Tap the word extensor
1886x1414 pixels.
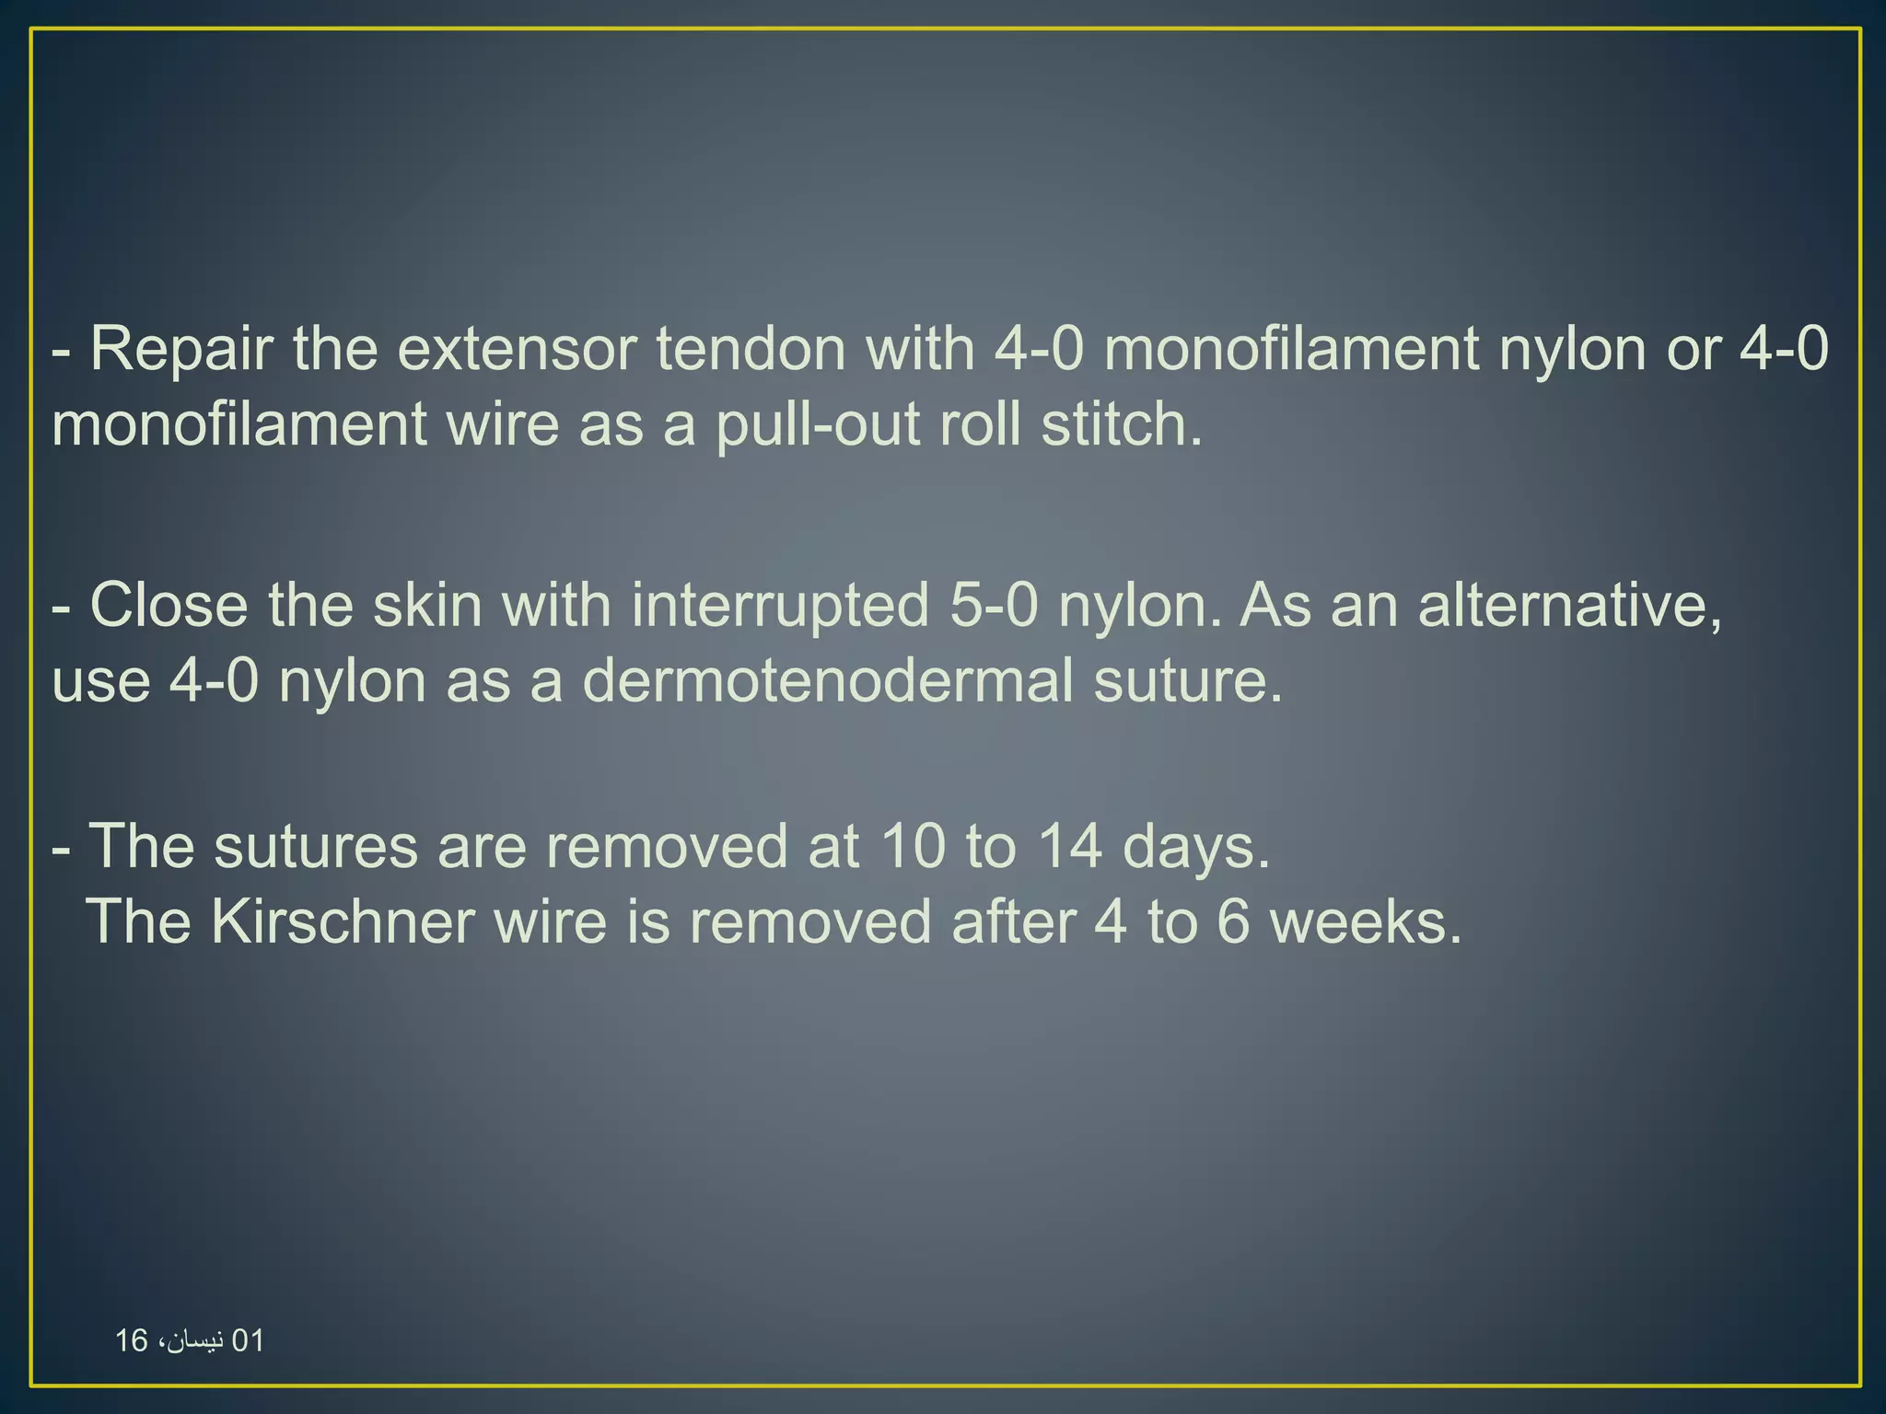coord(517,349)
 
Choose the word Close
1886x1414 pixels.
coord(169,606)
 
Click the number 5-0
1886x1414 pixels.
coord(994,606)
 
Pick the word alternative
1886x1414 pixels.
coord(1569,606)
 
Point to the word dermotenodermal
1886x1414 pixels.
coord(828,681)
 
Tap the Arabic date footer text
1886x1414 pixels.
coord(190,1340)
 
